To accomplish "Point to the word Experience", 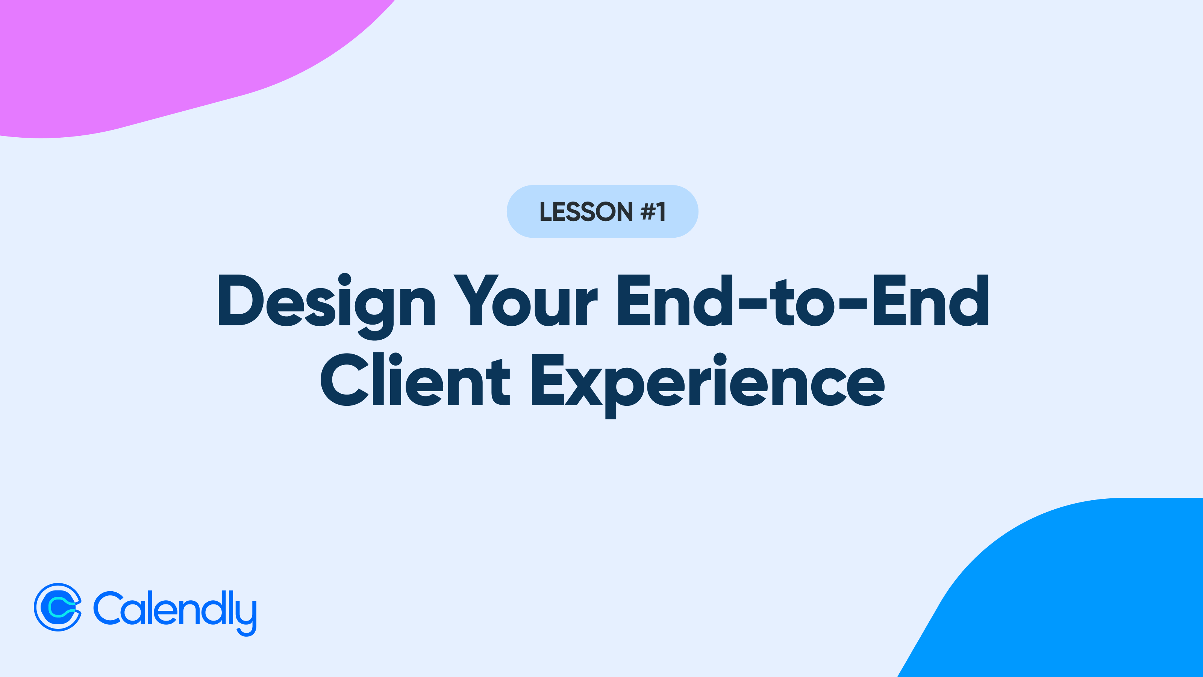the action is [708, 386].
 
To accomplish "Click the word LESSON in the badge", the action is [586, 212].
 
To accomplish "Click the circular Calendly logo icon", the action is [58, 607].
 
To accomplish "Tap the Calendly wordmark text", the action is [175, 612].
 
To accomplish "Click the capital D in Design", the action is [241, 299].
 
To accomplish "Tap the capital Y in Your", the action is [476, 299].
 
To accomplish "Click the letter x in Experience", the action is [584, 387].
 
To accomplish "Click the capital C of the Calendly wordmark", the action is [108, 608].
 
